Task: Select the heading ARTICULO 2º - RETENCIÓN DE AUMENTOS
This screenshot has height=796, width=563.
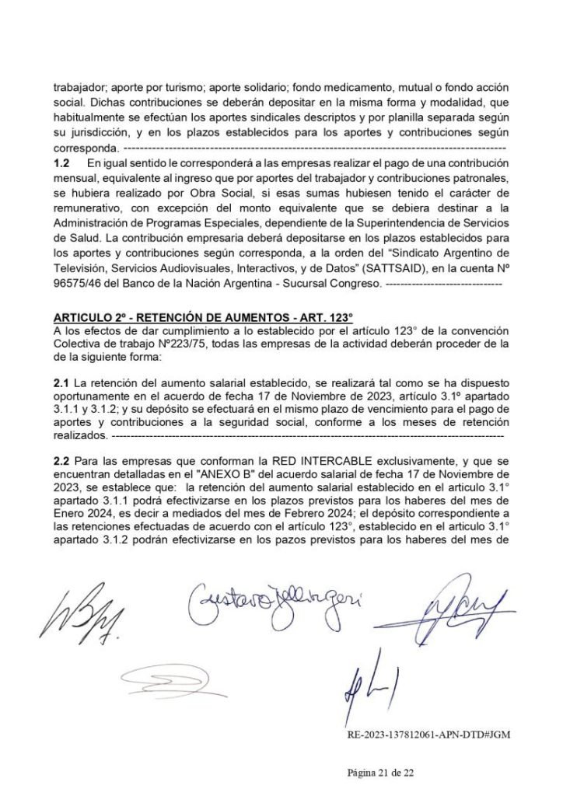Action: click(x=203, y=317)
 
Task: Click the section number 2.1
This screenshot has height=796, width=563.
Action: click(x=61, y=383)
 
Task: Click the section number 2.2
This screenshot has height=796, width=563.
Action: click(x=61, y=461)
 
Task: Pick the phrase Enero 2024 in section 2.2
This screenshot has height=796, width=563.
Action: click(x=82, y=511)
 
